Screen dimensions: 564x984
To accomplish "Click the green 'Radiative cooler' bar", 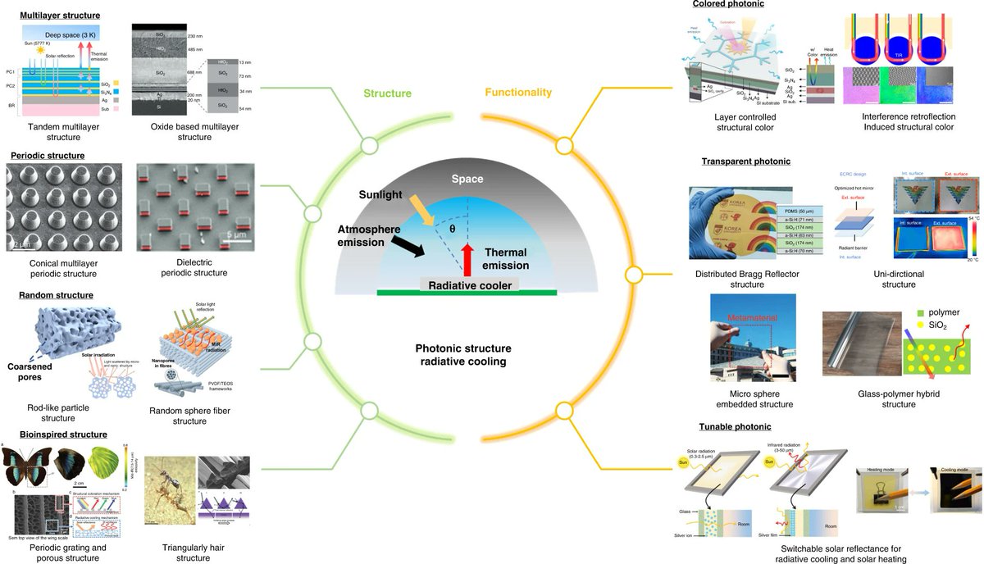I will pyautogui.click(x=467, y=291).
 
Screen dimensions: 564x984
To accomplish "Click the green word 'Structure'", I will pyautogui.click(x=388, y=93).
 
